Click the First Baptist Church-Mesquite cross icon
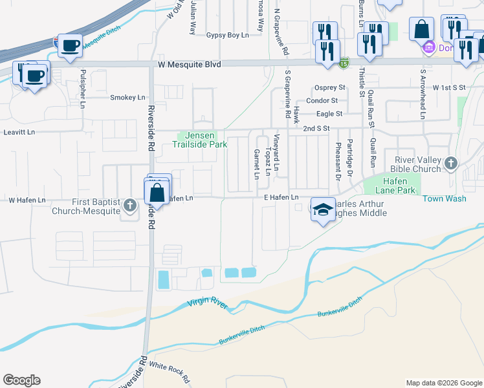click(130, 206)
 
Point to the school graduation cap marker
click(322, 210)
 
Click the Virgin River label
click(208, 303)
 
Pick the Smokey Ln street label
click(127, 98)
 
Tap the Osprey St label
click(329, 87)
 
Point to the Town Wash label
click(445, 199)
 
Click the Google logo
click(21, 380)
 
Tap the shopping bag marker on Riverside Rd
click(157, 192)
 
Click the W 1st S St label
click(450, 87)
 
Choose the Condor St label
click(322, 100)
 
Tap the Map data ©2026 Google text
click(443, 383)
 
